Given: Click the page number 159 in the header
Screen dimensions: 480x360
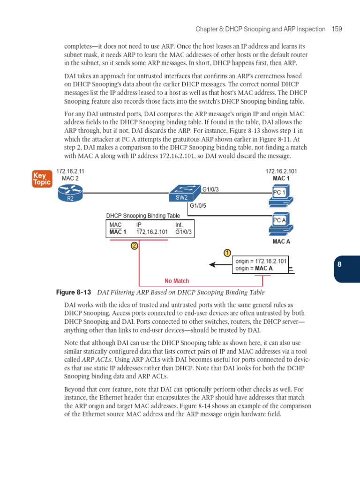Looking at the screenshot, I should (336, 29).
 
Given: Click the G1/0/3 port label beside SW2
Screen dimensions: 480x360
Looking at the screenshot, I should (210, 189).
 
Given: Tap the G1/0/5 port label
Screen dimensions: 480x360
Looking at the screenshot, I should (198, 205).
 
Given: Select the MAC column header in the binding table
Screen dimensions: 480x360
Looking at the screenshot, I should (115, 225).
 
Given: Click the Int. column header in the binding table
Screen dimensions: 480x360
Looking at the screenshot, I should (179, 225).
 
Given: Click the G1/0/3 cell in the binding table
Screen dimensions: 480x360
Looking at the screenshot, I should (183, 232).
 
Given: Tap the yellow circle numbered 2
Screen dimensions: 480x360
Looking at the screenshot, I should (135, 246).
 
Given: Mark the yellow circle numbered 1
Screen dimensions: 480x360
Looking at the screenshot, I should (227, 253).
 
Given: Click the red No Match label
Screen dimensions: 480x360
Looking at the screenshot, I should (177, 281).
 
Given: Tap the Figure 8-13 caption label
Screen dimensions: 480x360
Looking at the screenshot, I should (73, 292).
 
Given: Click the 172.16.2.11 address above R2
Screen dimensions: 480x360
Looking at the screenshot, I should (70, 172).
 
